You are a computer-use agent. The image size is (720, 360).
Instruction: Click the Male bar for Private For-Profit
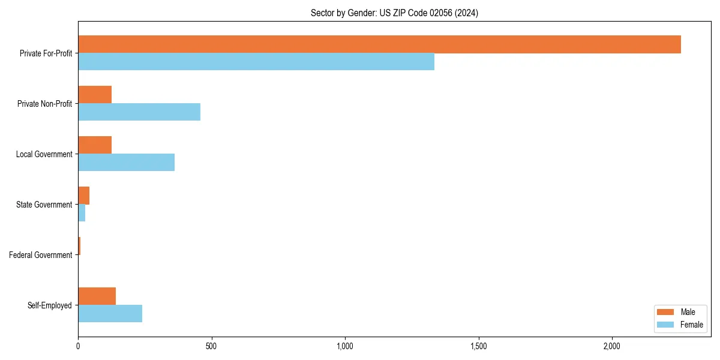tap(379, 44)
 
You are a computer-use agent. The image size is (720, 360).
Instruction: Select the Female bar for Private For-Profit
tap(256, 62)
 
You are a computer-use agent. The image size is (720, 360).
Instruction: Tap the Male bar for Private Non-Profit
tap(95, 95)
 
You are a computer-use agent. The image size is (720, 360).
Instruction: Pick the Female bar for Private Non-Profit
tap(139, 112)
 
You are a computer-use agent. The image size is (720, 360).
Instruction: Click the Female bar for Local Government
tap(126, 163)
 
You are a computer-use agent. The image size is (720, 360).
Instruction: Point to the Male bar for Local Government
tap(95, 145)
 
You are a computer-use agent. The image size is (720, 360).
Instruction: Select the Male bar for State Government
tap(83, 196)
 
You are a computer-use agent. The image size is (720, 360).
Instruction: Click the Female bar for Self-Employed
tap(110, 314)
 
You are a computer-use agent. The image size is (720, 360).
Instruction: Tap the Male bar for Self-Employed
tap(97, 296)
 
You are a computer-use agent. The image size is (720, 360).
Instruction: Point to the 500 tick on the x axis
tap(211, 346)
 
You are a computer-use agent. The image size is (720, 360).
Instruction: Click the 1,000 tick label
tap(345, 346)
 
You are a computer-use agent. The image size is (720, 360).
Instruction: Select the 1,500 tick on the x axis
tap(478, 346)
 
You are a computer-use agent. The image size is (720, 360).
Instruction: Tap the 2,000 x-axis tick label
tap(611, 346)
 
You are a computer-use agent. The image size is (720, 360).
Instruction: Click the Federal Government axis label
tap(41, 255)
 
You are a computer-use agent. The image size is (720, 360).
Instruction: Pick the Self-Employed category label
tap(50, 305)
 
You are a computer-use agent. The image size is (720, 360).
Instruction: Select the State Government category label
tap(44, 205)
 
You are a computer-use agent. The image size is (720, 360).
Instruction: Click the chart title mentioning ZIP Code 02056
tap(394, 13)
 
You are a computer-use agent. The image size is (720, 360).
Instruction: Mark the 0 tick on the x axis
tap(78, 346)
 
